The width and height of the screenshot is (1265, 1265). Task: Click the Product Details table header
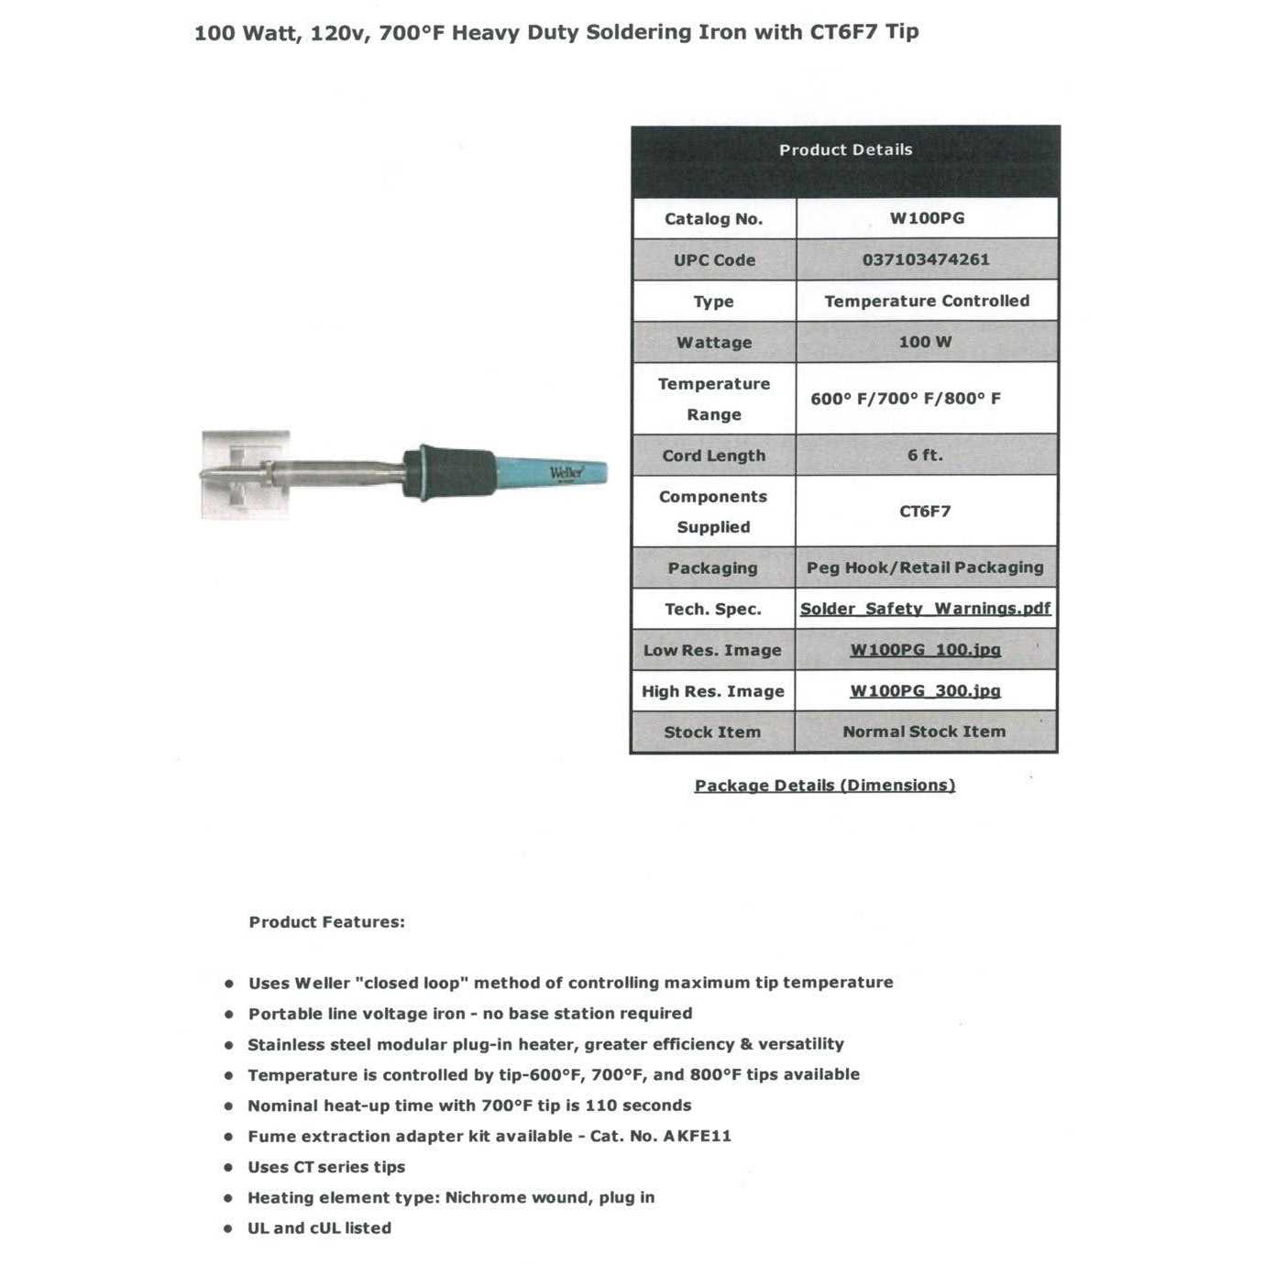[x=845, y=150]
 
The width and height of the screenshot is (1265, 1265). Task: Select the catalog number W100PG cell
[x=927, y=218]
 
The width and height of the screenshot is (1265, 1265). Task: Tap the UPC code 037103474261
[x=926, y=259]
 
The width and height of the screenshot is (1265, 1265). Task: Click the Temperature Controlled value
[x=926, y=301]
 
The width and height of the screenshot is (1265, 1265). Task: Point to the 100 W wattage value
[x=925, y=342]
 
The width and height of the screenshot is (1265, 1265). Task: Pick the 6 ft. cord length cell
[x=925, y=455]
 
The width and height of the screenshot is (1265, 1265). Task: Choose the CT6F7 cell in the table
[x=925, y=511]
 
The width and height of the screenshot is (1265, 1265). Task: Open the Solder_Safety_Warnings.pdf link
[x=925, y=609]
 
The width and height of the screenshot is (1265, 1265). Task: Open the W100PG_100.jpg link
[x=925, y=650]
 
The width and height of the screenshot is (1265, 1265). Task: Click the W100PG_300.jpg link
[x=925, y=691]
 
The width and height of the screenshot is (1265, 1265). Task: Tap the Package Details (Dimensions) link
[x=824, y=786]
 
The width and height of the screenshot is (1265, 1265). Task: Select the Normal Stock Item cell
[x=924, y=731]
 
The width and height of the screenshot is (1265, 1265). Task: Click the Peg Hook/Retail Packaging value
[x=925, y=567]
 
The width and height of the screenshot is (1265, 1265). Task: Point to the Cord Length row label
[x=713, y=456]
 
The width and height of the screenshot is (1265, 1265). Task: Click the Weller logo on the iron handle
[x=566, y=473]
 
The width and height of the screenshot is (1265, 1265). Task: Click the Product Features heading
[x=326, y=922]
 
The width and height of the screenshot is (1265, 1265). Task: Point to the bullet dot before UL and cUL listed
[x=229, y=1229]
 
